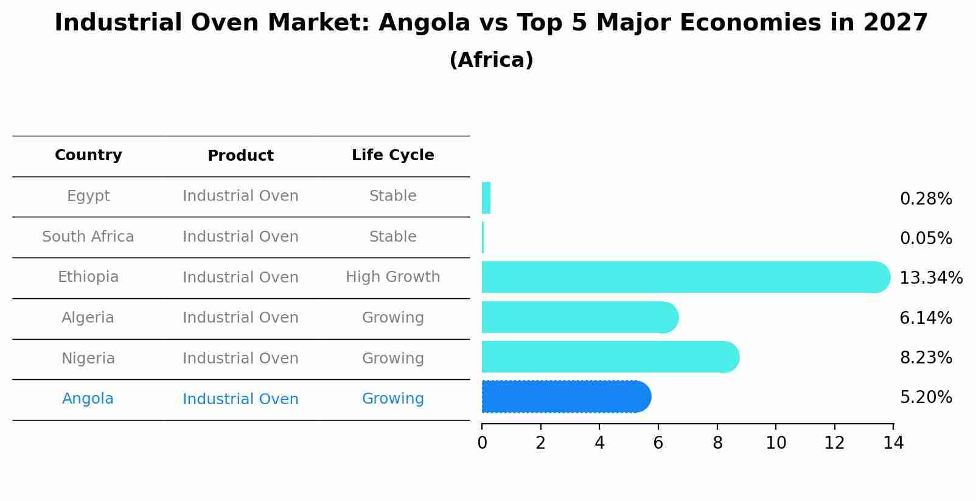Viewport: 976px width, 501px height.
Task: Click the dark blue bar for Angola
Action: pos(566,397)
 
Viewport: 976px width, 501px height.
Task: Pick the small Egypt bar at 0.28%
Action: pos(486,198)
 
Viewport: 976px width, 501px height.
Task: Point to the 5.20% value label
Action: pos(925,398)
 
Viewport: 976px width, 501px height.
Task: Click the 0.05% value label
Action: pos(925,239)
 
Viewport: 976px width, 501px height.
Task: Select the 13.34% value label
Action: pos(930,278)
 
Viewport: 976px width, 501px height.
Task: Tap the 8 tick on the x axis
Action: pos(717,443)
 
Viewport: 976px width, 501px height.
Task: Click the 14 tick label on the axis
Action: pos(893,443)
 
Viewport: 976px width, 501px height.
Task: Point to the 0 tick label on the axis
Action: pos(482,443)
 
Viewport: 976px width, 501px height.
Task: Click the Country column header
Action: pos(88,155)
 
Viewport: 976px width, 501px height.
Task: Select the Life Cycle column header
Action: pos(392,155)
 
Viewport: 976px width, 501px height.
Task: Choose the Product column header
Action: pos(240,156)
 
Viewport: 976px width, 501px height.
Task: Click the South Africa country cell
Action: pos(88,237)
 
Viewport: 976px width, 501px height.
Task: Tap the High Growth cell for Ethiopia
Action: pos(392,277)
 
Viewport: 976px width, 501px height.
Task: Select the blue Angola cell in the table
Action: pos(88,399)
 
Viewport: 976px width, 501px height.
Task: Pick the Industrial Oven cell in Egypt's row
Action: pos(240,196)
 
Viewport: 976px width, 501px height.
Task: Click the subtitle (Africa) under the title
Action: pos(491,60)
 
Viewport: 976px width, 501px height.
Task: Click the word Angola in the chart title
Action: pos(424,23)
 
